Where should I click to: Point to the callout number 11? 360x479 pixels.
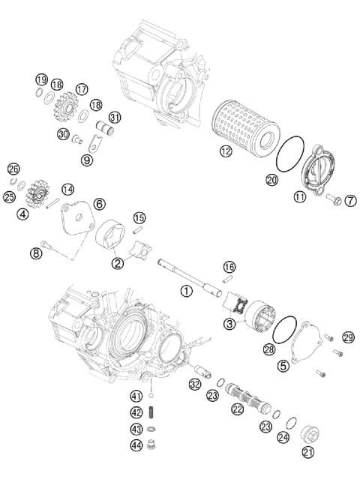[x=300, y=197]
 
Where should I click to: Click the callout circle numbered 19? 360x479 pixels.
[x=40, y=79]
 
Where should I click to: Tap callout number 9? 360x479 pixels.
[x=87, y=159]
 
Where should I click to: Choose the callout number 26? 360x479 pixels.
[x=13, y=169]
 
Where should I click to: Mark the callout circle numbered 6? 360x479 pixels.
[x=99, y=203]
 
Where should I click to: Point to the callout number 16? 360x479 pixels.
[x=229, y=267]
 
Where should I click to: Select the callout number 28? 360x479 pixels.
[x=268, y=349]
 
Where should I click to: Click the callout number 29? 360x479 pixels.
[x=347, y=337]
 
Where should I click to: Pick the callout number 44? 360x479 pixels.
[x=136, y=445]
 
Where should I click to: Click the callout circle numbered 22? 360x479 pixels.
[x=237, y=409]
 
